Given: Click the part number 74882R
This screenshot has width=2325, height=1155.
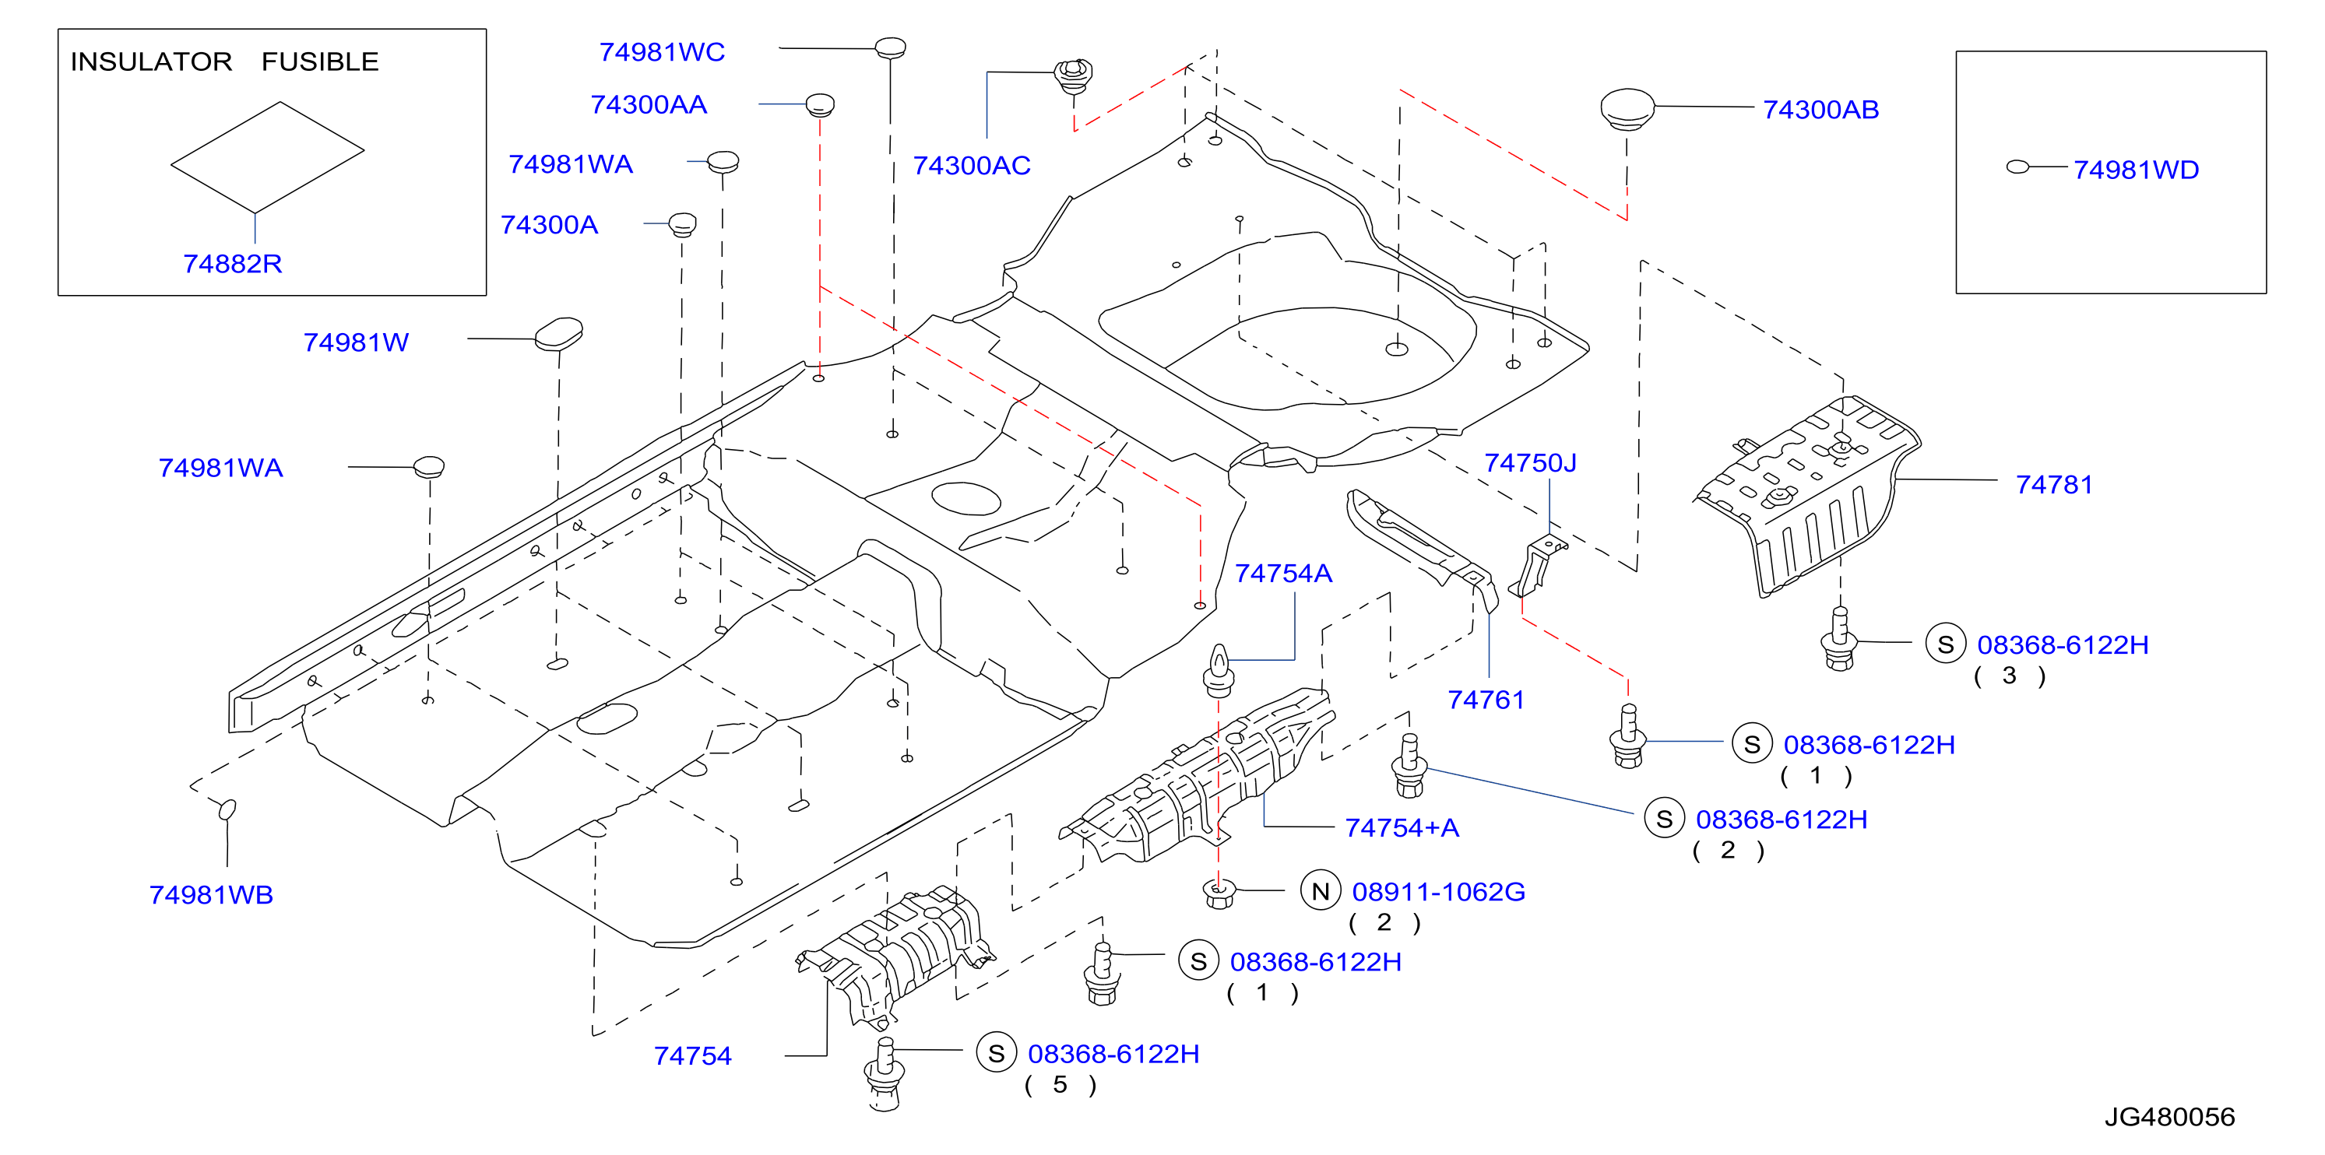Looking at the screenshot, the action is pos(233,264).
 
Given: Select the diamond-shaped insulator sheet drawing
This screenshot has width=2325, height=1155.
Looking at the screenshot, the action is pos(267,157).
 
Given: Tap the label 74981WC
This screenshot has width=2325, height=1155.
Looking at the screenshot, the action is pos(663,52).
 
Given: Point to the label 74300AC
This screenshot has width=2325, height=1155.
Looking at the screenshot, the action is pos(971,166).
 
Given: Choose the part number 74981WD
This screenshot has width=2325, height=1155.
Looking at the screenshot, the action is pos(2136,170).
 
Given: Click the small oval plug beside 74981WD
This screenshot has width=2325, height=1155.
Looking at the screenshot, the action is pos(2018,167).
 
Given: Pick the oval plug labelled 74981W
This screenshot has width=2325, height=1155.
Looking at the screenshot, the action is pos(559,334).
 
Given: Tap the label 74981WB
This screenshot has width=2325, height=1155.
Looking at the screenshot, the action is pos(211,895).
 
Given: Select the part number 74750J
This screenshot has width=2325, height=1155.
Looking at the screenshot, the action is pos(1531,463).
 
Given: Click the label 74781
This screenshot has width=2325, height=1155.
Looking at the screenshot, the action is pos(2054,485).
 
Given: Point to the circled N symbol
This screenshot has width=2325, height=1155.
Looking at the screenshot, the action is pos(1321,891).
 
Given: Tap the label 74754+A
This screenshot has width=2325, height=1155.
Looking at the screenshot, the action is pos(1402,827).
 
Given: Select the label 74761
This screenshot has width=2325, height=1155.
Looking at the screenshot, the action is pos(1486,700).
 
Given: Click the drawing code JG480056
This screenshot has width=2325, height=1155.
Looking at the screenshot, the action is pos(2170,1117).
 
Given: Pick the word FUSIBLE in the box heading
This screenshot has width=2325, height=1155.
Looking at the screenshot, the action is pos(321,61).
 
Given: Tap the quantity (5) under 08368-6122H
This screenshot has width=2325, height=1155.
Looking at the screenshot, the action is pos(1060,1085).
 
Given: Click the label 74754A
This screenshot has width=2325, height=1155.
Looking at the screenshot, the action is pos(1282,574).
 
